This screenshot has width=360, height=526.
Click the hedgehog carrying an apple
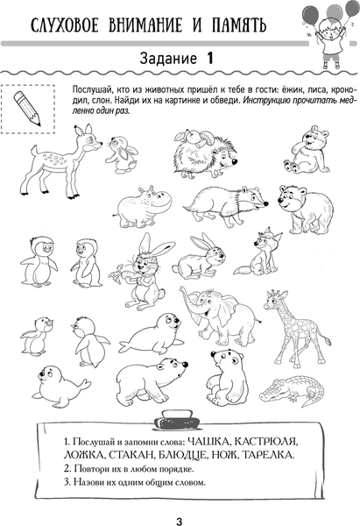coord(205,153)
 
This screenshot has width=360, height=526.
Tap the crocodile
coord(293,390)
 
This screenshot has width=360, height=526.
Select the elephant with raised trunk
coord(220,315)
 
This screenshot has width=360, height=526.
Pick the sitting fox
coord(258,254)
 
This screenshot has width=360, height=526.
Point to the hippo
coord(145,206)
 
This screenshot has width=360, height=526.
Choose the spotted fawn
coord(60,160)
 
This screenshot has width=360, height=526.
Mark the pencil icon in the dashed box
coord(27,109)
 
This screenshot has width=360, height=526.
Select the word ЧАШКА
coord(208,441)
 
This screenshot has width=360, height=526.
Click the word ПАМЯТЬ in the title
coord(238,25)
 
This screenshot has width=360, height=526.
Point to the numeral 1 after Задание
coord(209,59)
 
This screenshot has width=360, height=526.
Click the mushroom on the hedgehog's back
coord(205,139)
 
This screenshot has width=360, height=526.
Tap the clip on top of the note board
coord(180,419)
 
